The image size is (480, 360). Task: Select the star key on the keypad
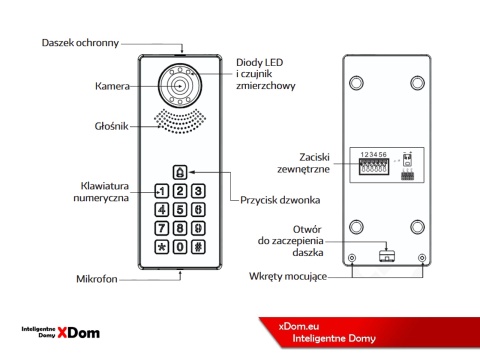pyautogui.click(x=161, y=246)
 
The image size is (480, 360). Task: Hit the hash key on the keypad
pyautogui.click(x=199, y=246)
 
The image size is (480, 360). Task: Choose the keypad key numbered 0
pyautogui.click(x=180, y=246)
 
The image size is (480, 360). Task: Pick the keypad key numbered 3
pyautogui.click(x=199, y=191)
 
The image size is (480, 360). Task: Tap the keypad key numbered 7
pyautogui.click(x=161, y=228)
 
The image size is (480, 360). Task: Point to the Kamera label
pyautogui.click(x=112, y=87)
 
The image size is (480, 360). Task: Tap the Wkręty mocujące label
pyautogui.click(x=290, y=275)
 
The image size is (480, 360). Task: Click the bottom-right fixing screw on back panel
pyautogui.click(x=422, y=257)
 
